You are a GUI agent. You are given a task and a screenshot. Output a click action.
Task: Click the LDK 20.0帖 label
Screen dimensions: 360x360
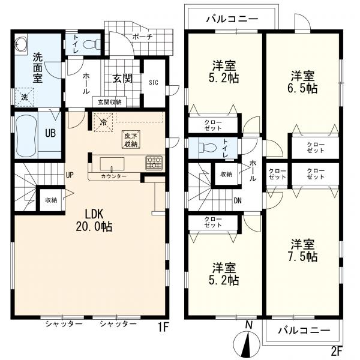[x=94, y=220]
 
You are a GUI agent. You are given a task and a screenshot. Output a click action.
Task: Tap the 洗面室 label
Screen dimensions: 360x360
[x=37, y=67]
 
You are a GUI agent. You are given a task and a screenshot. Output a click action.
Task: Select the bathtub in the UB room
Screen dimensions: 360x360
[x=26, y=136]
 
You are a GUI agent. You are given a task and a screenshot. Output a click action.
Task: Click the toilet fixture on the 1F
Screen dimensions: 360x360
[x=91, y=44]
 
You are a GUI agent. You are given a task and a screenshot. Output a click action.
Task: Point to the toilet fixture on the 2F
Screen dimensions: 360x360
[x=207, y=148]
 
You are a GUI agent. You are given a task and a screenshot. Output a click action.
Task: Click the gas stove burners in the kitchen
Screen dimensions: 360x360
[x=154, y=163]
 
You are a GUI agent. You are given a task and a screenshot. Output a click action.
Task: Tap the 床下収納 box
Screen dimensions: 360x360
[x=131, y=140]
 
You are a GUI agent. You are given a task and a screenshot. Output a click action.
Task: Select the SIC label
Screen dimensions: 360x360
[x=154, y=82]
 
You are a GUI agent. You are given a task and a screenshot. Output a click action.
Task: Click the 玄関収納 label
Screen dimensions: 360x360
[x=110, y=102]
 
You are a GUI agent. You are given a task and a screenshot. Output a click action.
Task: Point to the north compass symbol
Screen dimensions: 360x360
[x=247, y=338]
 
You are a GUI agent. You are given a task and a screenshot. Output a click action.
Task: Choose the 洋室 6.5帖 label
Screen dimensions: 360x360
[x=303, y=82]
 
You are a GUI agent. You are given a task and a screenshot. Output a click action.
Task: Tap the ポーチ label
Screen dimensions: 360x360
[x=142, y=37]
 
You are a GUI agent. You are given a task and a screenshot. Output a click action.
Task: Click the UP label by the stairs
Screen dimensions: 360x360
[x=70, y=175]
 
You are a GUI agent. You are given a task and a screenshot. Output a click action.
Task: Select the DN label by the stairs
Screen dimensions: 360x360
[x=238, y=200]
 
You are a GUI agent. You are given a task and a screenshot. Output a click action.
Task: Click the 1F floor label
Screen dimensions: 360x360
[x=163, y=327]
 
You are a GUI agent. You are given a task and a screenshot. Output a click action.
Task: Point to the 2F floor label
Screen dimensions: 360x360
[x=337, y=350]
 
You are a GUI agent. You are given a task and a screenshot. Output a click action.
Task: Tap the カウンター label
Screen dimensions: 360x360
[x=113, y=176]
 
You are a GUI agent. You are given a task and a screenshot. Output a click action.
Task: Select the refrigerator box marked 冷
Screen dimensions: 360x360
[x=104, y=122]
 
